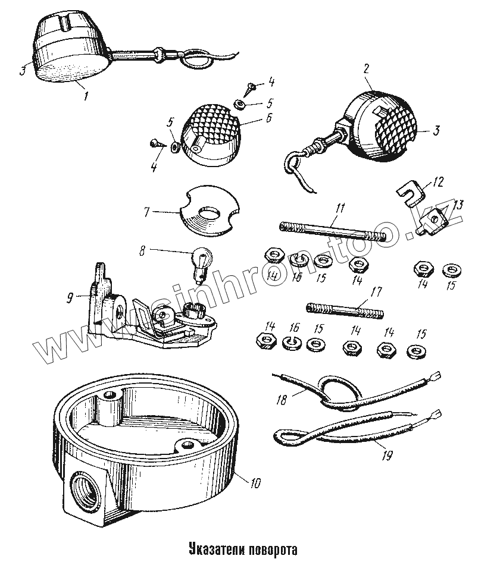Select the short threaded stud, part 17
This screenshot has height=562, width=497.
coord(346,311)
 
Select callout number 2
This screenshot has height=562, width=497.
coord(366,69)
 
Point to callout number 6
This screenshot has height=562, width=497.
coord(268,118)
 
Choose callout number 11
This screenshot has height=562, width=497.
coord(340,208)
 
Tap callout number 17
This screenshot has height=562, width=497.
coord(376,292)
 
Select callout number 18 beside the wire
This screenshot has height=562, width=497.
coord(282,400)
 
